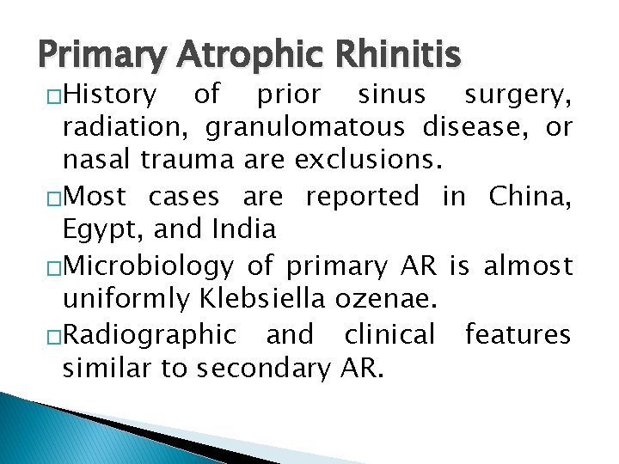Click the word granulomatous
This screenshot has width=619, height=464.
pyautogui.click(x=303, y=127)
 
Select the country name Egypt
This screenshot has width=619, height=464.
pyautogui.click(x=94, y=230)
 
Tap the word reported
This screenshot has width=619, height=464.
pyautogui.click(x=362, y=197)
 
